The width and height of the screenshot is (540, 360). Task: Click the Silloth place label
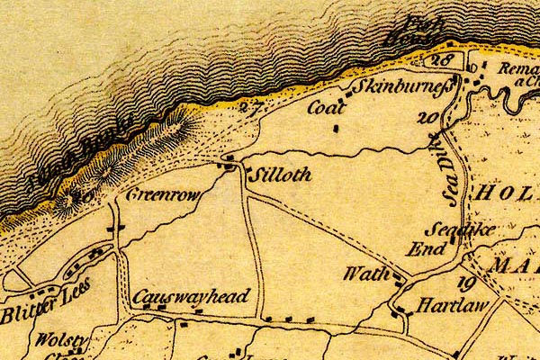click(x=280, y=175)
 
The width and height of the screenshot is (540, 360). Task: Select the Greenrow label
click(x=161, y=194)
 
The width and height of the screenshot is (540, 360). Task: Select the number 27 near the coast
click(x=252, y=109)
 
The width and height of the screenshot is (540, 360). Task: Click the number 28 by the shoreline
click(x=440, y=60)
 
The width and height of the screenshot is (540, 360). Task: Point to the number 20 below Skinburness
click(x=428, y=118)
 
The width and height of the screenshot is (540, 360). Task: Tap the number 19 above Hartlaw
click(x=465, y=283)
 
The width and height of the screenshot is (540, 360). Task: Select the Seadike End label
click(x=446, y=239)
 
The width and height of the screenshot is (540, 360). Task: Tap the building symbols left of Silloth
click(x=230, y=163)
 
